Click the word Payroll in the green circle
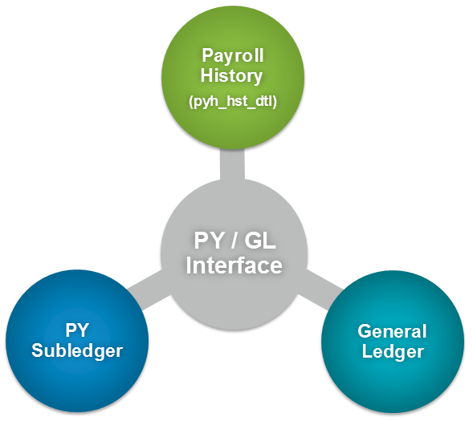pos(233,57)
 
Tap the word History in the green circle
pos(231,75)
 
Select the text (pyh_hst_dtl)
pos(233,102)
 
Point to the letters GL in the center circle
pos(260,241)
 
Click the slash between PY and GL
pos(234,241)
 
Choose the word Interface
pos(234,265)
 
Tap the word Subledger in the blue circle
pos(77,351)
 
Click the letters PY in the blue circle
pos(77,330)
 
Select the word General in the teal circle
pos(392,331)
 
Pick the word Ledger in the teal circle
pos(393,351)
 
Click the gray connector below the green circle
pos(232,164)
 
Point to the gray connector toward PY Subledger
pos(149,289)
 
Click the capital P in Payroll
pos(207,55)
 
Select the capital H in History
pos(207,75)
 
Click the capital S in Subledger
pos(38,350)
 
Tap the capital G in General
pos(365,331)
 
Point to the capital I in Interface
pos(189,265)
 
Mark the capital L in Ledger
pos(367,351)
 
